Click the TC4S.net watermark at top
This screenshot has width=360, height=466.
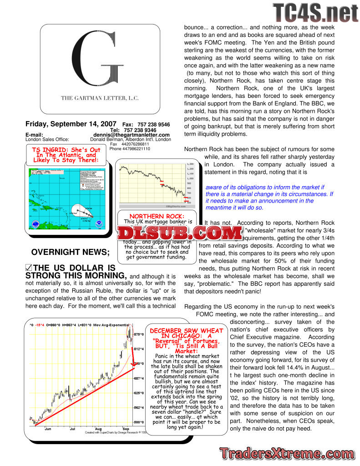point(315,13)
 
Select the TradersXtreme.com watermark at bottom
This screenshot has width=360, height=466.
point(287,453)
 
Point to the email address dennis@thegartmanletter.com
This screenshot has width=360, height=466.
point(132,135)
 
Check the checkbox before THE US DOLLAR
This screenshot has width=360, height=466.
point(29,268)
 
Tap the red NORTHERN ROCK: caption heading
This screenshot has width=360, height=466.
point(157,216)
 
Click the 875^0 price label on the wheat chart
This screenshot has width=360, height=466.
point(138,334)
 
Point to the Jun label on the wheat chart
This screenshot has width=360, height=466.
point(47,429)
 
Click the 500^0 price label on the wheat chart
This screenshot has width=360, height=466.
point(138,422)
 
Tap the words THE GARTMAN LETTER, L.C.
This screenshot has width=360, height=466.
point(100,98)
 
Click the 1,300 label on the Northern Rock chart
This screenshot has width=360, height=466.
point(191,164)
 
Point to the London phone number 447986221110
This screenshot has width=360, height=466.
point(130,149)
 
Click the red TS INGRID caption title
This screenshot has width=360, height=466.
point(66,155)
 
